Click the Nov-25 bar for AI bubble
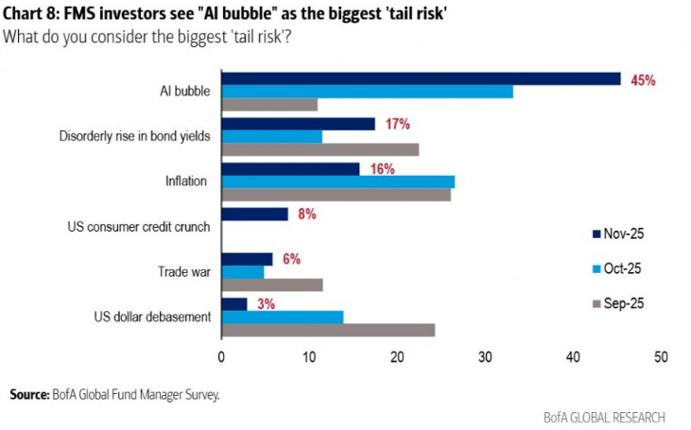[421, 78]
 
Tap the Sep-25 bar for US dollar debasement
[328, 330]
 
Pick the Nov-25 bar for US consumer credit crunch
[254, 215]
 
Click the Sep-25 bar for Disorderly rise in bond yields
[320, 149]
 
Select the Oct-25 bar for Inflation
[337, 181]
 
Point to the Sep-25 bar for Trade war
[272, 284]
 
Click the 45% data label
[644, 80]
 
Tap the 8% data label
[306, 215]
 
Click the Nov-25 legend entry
[625, 233]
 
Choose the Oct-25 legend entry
[625, 268]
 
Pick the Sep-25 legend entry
[625, 303]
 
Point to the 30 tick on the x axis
[485, 356]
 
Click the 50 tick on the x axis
[661, 356]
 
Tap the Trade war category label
[184, 272]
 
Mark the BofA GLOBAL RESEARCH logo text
[604, 417]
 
